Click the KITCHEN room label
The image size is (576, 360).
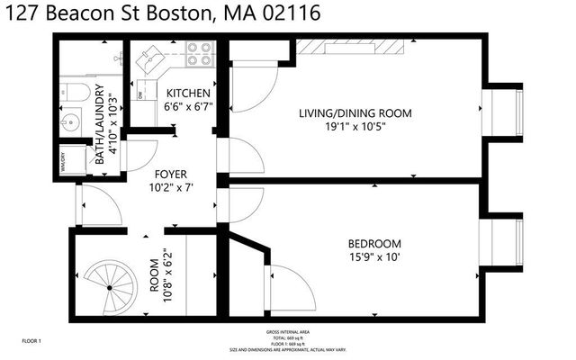click(187, 93)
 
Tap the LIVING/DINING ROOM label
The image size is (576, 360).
click(355, 113)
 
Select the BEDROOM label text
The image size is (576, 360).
click(374, 244)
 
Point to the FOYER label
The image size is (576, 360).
click(169, 174)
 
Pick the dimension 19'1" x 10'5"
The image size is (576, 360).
click(355, 127)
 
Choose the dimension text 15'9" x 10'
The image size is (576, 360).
click(374, 257)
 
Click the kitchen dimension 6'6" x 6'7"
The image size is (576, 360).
click(187, 106)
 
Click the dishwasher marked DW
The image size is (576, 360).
click(141, 93)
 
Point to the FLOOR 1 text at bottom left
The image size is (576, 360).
click(32, 341)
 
